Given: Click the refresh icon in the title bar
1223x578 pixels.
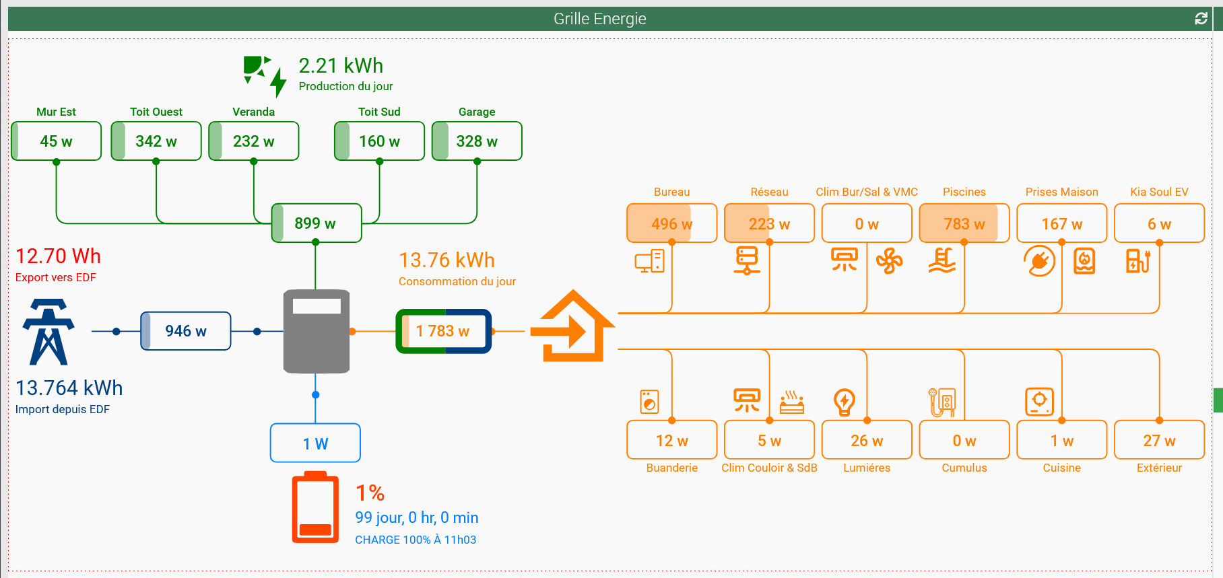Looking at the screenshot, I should (x=1201, y=19).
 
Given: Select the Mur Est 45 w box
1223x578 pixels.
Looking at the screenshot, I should (x=56, y=141).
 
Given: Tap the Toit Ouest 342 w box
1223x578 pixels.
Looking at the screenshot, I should (x=156, y=141).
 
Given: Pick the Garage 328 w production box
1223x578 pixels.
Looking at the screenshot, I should (x=477, y=141).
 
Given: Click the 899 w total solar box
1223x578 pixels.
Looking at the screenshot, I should (x=316, y=223).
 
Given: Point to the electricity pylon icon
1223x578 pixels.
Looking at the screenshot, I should (x=48, y=332).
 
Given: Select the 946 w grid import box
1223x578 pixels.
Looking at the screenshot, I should (x=186, y=331).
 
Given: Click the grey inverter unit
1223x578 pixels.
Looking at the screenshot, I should (x=317, y=331).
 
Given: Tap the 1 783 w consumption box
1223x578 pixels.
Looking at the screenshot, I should (x=443, y=331).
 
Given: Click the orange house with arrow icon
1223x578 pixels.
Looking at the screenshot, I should (x=573, y=327).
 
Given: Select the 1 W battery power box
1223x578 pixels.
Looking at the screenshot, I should (x=315, y=443).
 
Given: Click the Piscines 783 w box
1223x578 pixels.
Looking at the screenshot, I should (x=964, y=223).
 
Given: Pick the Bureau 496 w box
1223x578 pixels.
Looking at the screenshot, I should (x=671, y=223).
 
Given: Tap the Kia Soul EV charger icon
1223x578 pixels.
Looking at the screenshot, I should (x=1138, y=260).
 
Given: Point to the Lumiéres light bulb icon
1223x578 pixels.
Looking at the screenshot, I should (x=844, y=402).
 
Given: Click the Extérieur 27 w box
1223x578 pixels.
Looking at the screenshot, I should (x=1159, y=440).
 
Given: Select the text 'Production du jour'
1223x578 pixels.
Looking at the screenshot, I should (x=345, y=86).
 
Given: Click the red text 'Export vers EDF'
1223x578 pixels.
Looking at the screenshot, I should (x=56, y=277).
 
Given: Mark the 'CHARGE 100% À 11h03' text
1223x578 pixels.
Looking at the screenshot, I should (x=416, y=540).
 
